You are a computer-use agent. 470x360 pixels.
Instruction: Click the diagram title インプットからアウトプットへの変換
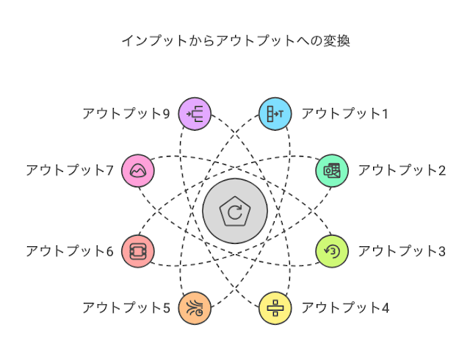[235, 40]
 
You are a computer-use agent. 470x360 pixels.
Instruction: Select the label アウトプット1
[344, 113]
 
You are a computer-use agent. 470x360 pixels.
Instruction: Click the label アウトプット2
[402, 170]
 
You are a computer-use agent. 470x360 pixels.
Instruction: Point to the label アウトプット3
[402, 251]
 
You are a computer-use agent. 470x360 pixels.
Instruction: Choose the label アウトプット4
[345, 307]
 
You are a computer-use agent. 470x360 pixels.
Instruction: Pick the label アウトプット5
[126, 307]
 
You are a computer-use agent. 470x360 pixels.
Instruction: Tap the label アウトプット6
[69, 251]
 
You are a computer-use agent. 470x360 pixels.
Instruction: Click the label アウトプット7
[69, 170]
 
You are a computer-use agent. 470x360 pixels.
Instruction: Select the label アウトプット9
[126, 113]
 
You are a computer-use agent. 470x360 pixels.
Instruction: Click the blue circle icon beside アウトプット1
[275, 113]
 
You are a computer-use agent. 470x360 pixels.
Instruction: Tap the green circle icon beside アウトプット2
[332, 170]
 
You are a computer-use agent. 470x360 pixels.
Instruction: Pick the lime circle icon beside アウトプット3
[332, 251]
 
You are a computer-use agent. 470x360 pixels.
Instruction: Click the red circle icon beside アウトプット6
[138, 251]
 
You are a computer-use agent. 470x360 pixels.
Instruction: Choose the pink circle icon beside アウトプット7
[138, 170]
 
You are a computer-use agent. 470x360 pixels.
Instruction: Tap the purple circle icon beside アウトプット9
[195, 113]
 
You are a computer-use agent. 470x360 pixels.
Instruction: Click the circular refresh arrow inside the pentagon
[234, 213]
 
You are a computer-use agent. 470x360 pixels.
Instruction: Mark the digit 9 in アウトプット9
[166, 113]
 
